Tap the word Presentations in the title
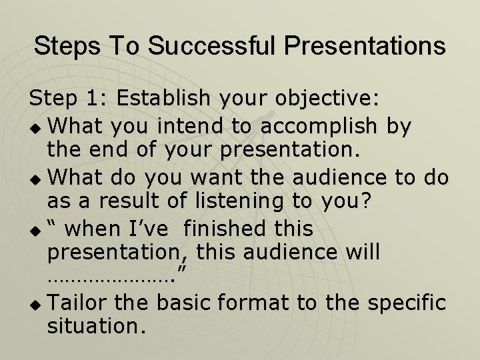pos(365,46)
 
